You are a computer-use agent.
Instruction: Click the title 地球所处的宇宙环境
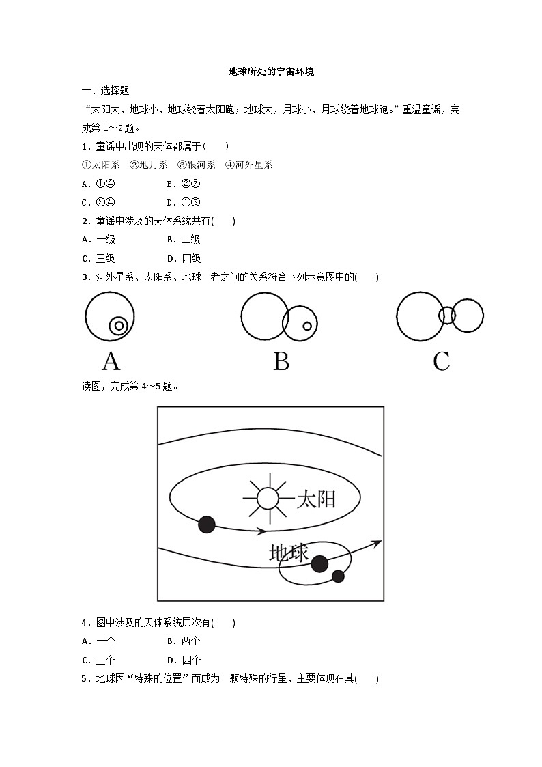(271, 71)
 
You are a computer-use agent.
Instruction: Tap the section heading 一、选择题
(105, 90)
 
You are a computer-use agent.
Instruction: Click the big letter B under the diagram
(281, 361)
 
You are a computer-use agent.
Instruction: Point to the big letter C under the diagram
(441, 361)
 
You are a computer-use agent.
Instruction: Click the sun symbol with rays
(268, 498)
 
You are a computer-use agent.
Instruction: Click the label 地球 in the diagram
(289, 552)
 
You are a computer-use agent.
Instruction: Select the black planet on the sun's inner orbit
(206, 525)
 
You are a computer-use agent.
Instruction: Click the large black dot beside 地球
(319, 564)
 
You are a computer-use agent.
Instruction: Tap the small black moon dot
(338, 576)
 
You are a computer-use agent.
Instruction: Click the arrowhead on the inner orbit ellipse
(261, 530)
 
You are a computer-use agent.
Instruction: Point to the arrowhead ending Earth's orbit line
(375, 542)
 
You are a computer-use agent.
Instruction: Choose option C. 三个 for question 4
(98, 660)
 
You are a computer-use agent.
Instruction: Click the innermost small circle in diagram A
(119, 326)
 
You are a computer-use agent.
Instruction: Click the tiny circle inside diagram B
(307, 326)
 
